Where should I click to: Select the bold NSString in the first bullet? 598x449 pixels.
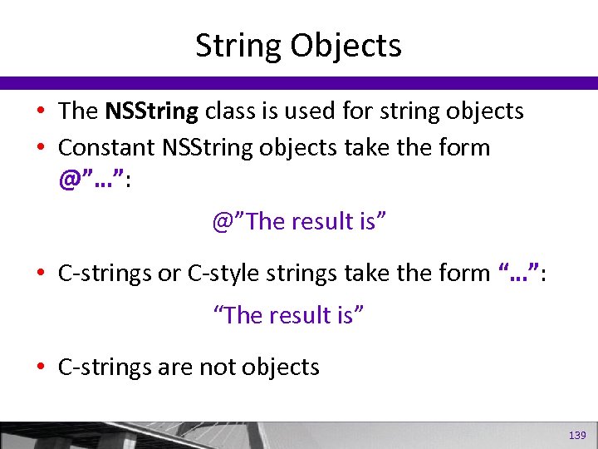pyautogui.click(x=152, y=111)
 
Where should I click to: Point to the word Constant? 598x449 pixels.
pyautogui.click(x=107, y=148)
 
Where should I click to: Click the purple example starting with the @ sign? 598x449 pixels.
pyautogui.click(x=300, y=222)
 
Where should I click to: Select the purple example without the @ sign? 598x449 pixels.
pyautogui.click(x=289, y=315)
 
